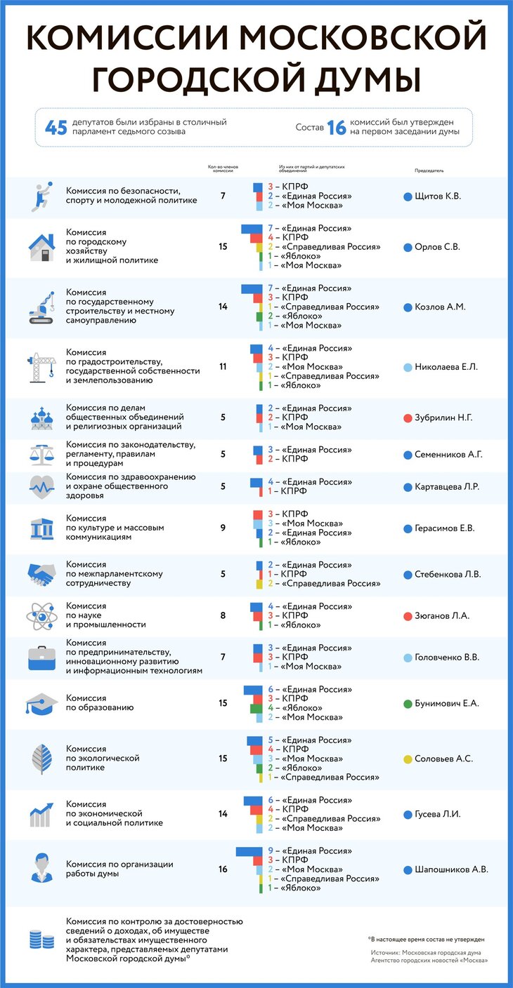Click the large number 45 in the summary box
(57, 127)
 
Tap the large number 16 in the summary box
(338, 127)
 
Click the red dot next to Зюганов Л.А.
(408, 616)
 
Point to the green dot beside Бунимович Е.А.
(408, 703)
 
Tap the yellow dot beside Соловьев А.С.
(408, 759)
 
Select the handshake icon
(41, 575)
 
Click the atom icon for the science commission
(41, 616)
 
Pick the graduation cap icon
(41, 703)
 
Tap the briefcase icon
(41, 658)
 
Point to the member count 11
(223, 367)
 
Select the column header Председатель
(429, 171)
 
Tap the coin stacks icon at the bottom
(41, 940)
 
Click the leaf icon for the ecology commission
(41, 759)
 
